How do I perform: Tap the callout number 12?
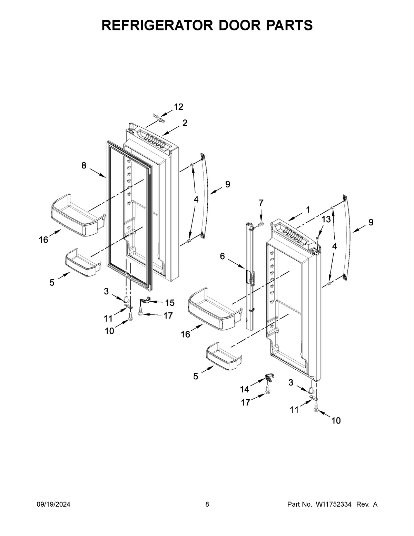(178, 107)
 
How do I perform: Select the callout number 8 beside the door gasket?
(84, 165)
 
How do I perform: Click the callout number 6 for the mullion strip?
(222, 256)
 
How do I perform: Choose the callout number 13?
(326, 219)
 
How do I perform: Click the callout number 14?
(244, 389)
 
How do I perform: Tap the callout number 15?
(170, 303)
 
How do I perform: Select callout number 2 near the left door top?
(185, 123)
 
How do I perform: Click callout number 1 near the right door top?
(308, 209)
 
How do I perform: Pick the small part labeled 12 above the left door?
(159, 119)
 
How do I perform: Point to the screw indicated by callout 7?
(260, 225)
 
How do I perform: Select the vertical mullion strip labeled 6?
(250, 276)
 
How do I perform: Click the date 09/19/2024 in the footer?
(53, 505)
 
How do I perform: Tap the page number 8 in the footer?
(207, 505)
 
